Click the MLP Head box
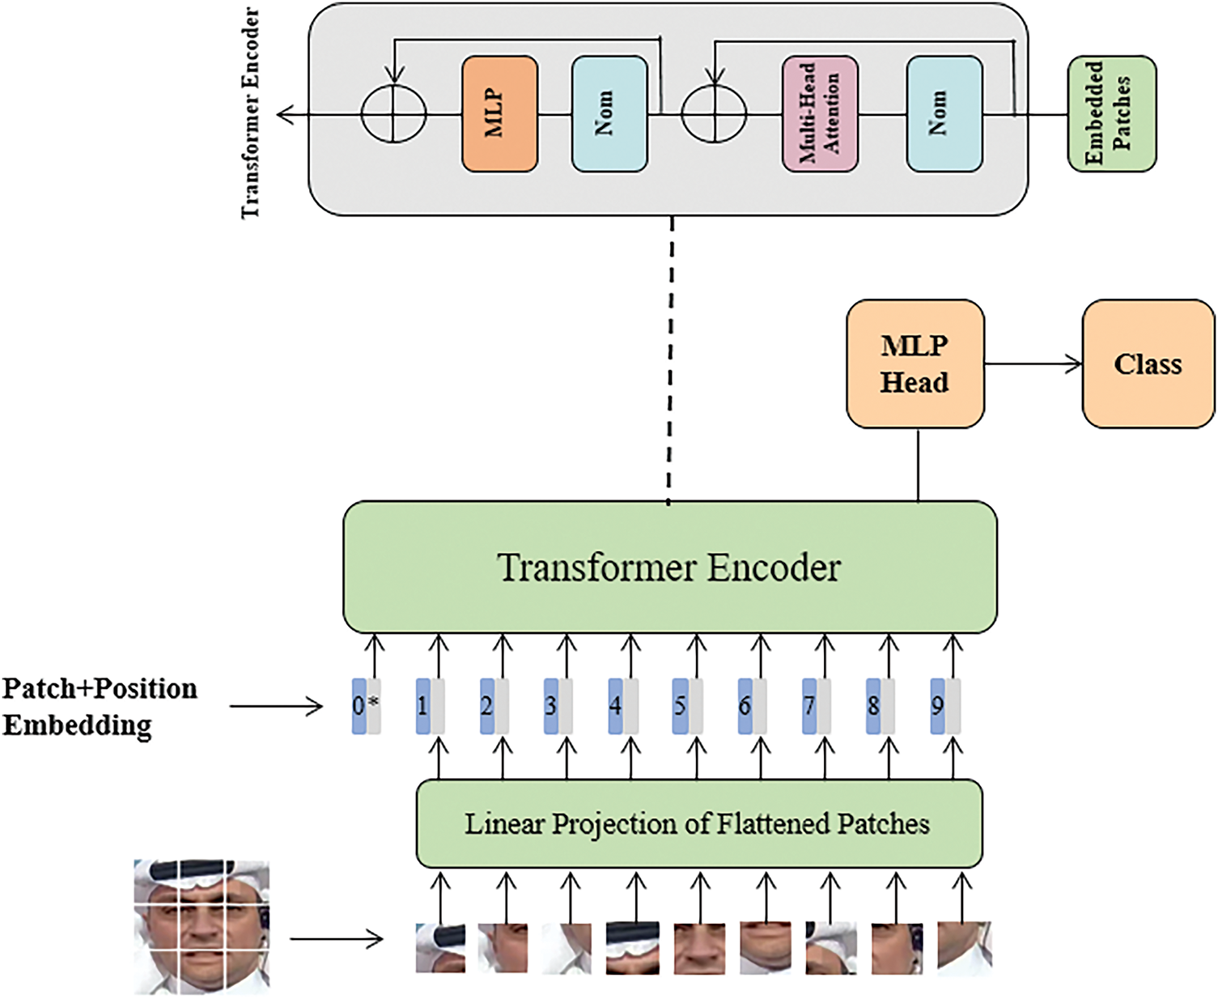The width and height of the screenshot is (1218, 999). coord(915,364)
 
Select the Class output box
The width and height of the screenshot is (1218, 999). coord(1148,364)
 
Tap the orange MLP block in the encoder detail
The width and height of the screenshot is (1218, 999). coord(499,114)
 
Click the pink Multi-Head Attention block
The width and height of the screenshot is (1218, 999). coord(820,114)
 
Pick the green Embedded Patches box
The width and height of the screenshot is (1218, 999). coord(1111,114)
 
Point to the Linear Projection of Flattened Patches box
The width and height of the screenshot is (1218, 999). coord(698,823)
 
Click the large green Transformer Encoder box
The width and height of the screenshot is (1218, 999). coord(670,567)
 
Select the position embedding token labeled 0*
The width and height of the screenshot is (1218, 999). coord(367,707)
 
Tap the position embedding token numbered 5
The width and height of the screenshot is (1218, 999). coord(687,707)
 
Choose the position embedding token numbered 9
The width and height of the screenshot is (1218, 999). coord(945,707)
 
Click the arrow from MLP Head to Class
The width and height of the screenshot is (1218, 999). coord(1033,364)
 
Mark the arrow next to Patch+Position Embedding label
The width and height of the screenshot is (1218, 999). coord(276,706)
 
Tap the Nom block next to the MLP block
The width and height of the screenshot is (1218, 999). coord(609,114)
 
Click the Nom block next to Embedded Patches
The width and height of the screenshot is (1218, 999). coord(944,114)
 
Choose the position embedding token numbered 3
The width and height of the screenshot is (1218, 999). coord(558,707)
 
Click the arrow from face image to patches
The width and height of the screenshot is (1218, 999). coord(336,939)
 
